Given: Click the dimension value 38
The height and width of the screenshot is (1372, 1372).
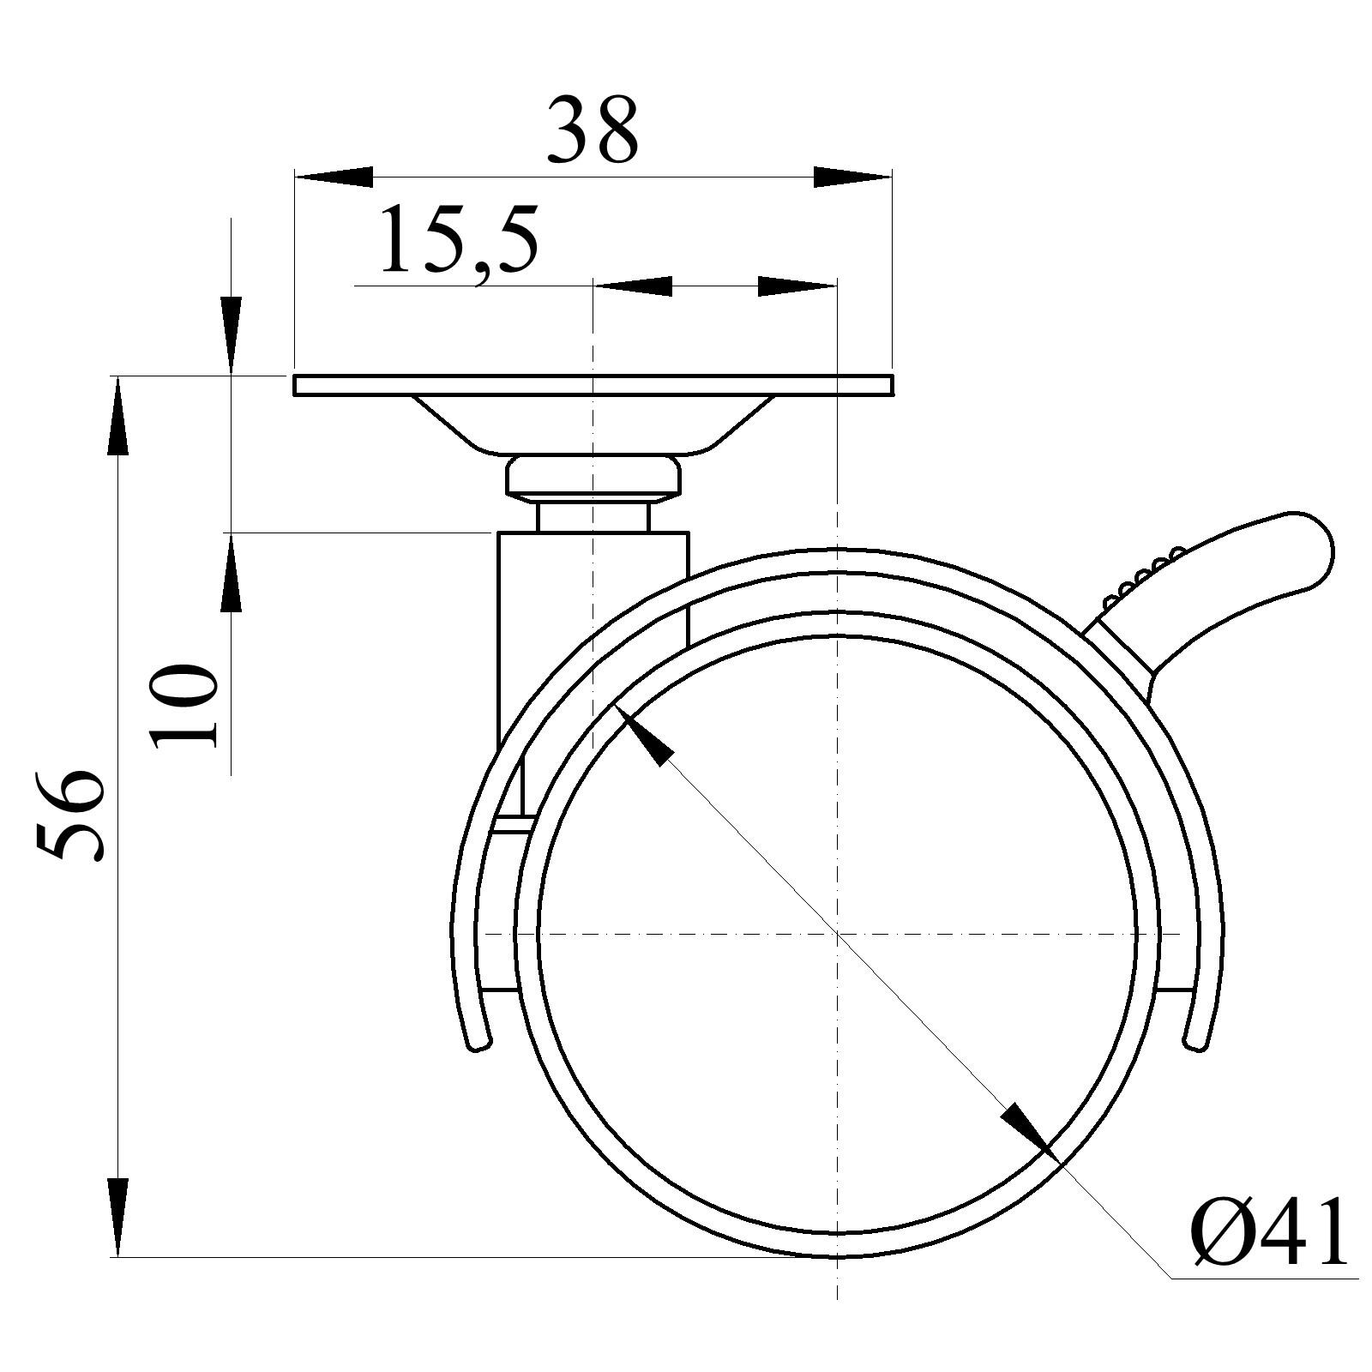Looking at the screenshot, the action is [x=593, y=130].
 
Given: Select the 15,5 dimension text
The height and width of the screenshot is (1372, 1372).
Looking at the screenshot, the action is [x=459, y=239].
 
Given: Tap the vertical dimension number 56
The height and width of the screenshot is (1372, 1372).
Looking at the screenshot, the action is [x=70, y=814].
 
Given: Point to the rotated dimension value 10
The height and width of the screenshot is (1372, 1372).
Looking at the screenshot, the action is [x=184, y=706].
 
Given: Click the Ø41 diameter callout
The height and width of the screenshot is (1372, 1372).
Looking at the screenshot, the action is [x=1269, y=1232].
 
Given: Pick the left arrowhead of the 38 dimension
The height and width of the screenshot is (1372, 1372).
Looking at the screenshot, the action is [x=334, y=177].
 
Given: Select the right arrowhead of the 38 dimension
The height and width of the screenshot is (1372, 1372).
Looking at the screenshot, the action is [x=852, y=177].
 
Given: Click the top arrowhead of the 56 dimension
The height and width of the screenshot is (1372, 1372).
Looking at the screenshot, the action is [x=117, y=416].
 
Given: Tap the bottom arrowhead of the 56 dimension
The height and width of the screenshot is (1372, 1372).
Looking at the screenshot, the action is [x=117, y=1218].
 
